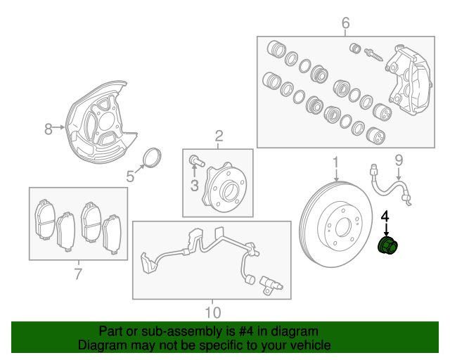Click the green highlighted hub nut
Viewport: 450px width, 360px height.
pos(387,247)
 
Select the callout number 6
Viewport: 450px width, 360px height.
pos(345,24)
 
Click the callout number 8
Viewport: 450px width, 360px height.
pos(49,129)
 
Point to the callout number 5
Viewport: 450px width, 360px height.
pos(130,177)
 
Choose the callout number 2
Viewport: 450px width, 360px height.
pos(219,135)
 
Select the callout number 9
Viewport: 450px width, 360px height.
pos(398,161)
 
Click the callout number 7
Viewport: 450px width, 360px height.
pos(77,274)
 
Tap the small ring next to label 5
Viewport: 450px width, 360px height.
pos(153,158)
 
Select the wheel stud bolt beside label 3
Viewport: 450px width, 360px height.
pos(198,162)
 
